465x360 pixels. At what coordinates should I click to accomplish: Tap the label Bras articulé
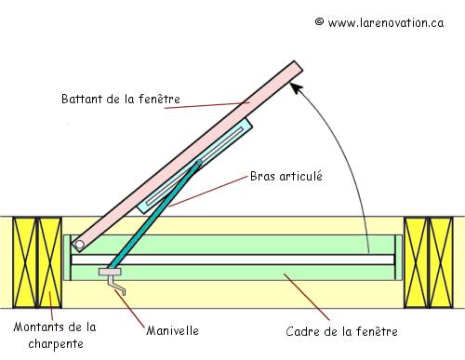286,175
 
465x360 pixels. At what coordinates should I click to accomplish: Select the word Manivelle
172,328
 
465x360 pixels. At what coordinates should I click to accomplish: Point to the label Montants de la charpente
54,335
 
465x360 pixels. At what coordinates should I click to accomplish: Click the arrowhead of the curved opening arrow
296,86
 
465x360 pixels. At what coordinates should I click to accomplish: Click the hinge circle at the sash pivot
81,246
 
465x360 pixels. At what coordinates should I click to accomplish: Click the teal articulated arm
158,214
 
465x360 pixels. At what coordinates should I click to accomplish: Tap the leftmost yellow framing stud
24,262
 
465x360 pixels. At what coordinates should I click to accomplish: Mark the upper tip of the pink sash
296,68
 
